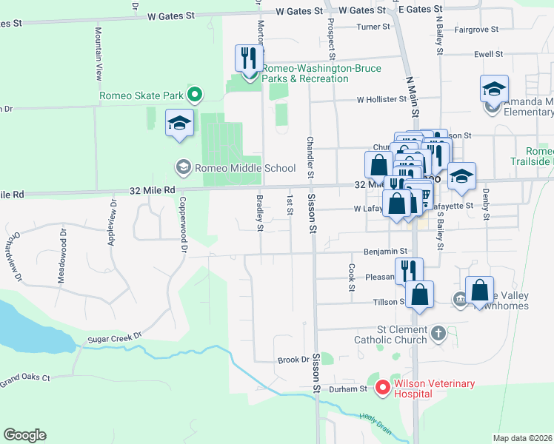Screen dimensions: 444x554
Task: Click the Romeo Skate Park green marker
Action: pyautogui.click(x=195, y=94)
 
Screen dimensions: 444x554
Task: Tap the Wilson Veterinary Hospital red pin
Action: pyautogui.click(x=383, y=386)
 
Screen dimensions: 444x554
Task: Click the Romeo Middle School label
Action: pyautogui.click(x=235, y=167)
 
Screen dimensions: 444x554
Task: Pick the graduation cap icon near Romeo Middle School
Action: pyautogui.click(x=178, y=123)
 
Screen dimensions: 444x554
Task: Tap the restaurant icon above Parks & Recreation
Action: pyautogui.click(x=248, y=58)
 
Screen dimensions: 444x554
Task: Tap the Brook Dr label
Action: pyautogui.click(x=293, y=360)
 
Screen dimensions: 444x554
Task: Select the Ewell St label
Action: pyautogui.click(x=488, y=54)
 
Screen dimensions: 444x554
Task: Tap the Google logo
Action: pyautogui.click(x=24, y=435)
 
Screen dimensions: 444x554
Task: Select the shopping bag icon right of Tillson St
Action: pyautogui.click(x=419, y=294)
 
